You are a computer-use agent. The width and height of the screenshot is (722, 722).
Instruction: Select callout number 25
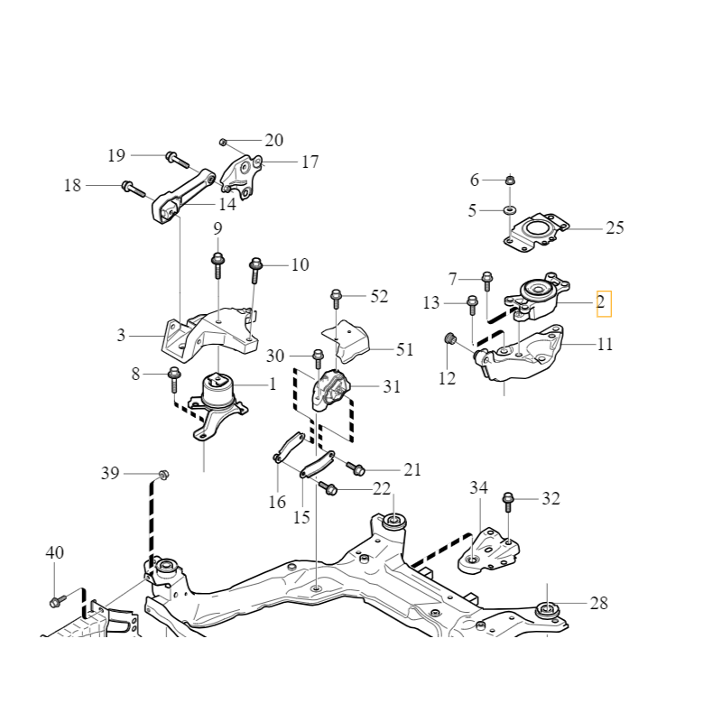point(614,228)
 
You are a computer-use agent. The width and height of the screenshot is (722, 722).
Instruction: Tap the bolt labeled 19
point(176,161)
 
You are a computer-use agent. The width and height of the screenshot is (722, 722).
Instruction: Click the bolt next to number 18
point(134,189)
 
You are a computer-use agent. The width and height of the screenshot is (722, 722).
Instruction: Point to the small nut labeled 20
point(223,142)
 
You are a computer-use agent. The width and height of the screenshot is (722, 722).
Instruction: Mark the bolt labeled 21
point(356,468)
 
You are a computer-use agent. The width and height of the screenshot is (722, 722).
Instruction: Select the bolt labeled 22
point(328,488)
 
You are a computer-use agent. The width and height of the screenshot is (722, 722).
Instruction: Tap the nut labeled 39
point(163,474)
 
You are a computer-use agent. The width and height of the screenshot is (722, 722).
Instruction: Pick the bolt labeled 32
point(509,499)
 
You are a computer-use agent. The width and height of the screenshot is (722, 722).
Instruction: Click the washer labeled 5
point(509,210)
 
